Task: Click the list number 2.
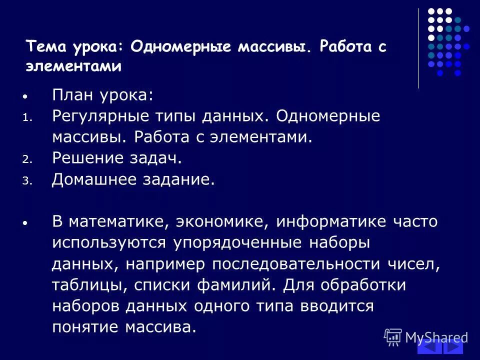(26, 159)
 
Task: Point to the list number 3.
(26, 181)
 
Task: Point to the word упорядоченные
(237, 243)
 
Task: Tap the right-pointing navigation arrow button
(453, 347)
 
